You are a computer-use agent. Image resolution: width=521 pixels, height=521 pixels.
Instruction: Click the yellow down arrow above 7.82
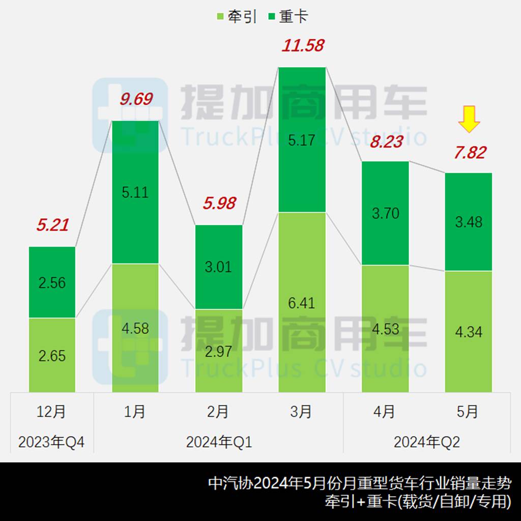[x=469, y=120]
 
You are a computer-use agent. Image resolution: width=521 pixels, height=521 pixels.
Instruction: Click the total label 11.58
[x=303, y=46]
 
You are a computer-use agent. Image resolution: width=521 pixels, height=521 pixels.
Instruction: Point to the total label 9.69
[x=136, y=99]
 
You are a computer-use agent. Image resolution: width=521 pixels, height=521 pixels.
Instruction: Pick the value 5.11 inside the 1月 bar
[x=135, y=192]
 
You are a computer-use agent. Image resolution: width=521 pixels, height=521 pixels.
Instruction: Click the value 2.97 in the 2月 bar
[x=219, y=351]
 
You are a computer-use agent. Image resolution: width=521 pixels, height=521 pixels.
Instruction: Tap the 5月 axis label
[x=468, y=412]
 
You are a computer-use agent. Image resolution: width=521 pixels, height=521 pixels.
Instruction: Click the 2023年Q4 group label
[x=51, y=442]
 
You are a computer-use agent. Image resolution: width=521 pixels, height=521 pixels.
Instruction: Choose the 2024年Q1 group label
[x=219, y=442]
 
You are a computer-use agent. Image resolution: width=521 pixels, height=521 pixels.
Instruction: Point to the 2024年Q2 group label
[x=426, y=442]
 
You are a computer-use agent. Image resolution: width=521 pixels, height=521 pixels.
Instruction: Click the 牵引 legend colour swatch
[x=220, y=17]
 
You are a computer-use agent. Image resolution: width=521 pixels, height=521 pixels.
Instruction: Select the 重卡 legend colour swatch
[x=271, y=17]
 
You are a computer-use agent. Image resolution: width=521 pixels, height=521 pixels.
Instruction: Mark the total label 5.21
[x=52, y=225]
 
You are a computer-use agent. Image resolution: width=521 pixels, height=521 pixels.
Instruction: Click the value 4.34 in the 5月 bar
[x=469, y=332]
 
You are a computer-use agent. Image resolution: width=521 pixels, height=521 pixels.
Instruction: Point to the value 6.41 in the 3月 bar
[x=302, y=303]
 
